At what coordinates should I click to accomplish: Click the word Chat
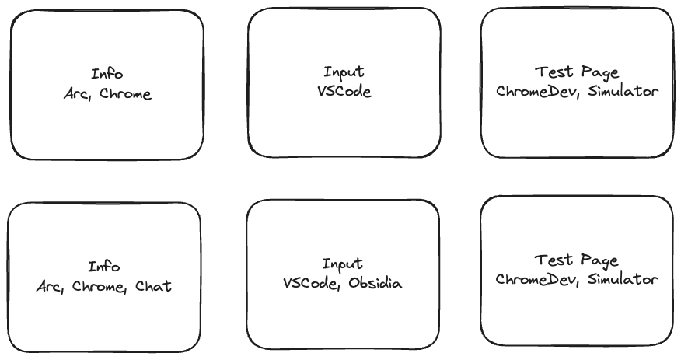(154, 286)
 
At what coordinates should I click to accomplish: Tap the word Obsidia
(377, 283)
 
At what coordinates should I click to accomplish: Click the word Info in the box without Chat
(107, 75)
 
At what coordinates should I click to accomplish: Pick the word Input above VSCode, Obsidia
(343, 264)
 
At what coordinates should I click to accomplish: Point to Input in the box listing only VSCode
(344, 72)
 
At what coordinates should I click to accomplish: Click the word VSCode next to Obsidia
(312, 283)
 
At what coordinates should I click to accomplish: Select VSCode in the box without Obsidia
(344, 91)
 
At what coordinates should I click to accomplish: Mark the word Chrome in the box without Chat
(124, 94)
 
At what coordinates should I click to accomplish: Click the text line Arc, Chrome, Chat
(104, 286)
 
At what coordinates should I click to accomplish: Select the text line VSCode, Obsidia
(343, 283)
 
